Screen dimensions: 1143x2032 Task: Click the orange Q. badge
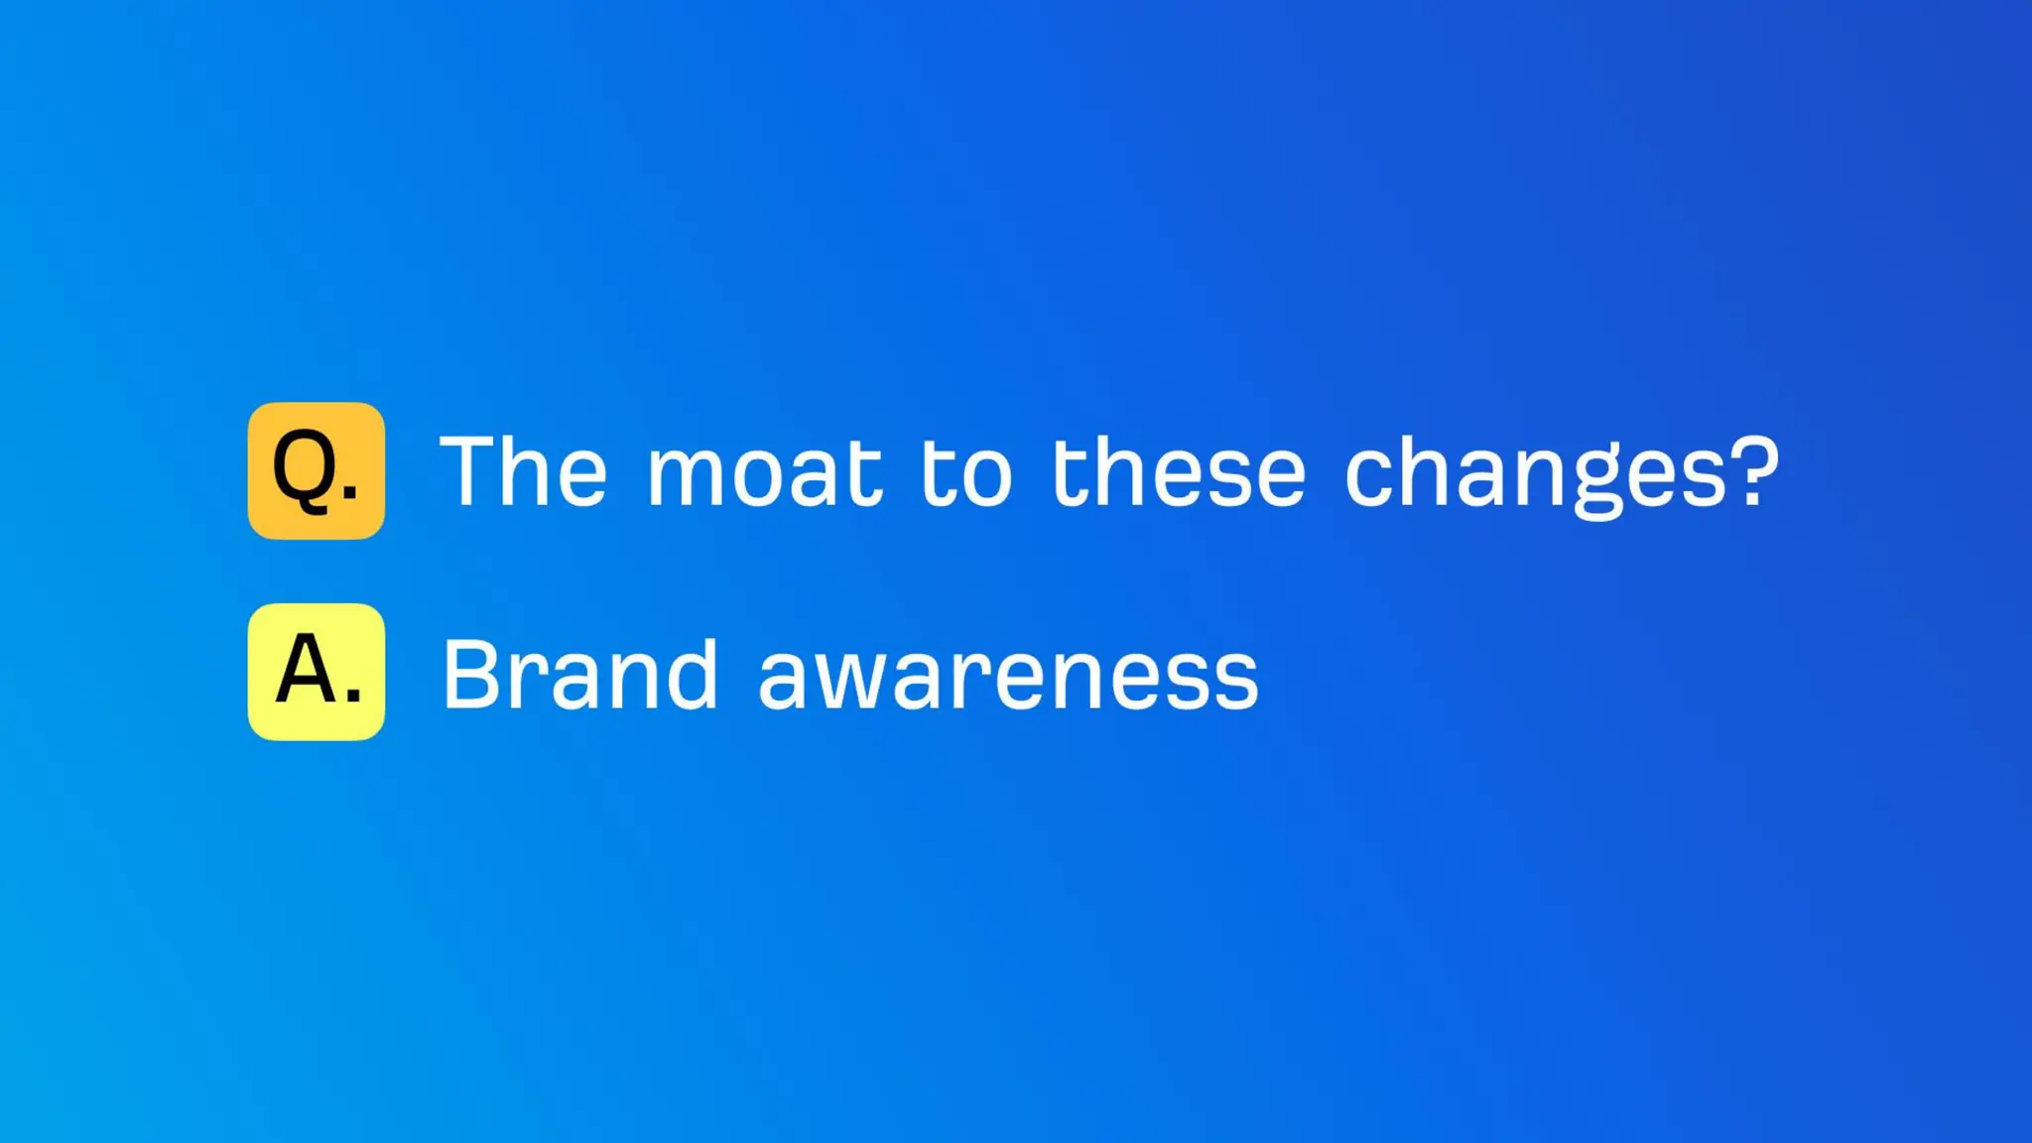pyautogui.click(x=316, y=470)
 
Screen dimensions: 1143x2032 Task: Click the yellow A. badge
pyautogui.click(x=316, y=672)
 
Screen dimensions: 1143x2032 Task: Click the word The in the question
pyautogui.click(x=523, y=472)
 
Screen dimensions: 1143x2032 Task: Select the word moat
pyautogui.click(x=764, y=472)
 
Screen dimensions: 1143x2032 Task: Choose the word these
pyautogui.click(x=1178, y=472)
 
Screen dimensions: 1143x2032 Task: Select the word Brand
pyautogui.click(x=579, y=675)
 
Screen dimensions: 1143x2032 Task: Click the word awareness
pyautogui.click(x=1008, y=678)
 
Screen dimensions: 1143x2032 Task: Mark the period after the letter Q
pyautogui.click(x=350, y=491)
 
